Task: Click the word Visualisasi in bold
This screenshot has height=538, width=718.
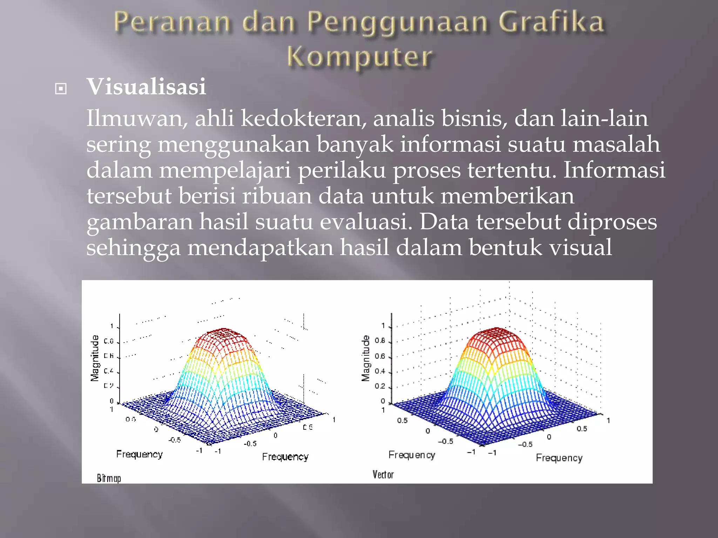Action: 146,87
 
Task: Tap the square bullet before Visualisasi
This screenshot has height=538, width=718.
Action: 61,89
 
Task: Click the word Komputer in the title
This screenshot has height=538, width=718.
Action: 360,57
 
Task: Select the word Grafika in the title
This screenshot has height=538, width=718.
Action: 551,22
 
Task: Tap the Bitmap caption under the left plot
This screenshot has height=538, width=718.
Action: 109,478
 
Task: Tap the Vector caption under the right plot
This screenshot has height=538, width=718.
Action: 383,475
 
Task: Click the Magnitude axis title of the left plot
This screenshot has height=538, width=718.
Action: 95,358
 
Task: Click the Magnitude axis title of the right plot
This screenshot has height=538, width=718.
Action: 366,358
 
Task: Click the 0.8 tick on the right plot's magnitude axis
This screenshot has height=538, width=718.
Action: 380,340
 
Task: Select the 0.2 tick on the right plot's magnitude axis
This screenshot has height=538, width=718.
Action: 380,386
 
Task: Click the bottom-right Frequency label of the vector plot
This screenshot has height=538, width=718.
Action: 559,458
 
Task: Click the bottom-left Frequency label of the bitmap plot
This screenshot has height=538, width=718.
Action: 139,454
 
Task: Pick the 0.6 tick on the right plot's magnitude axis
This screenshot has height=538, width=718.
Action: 380,356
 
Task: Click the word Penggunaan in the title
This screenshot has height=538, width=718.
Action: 397,22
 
